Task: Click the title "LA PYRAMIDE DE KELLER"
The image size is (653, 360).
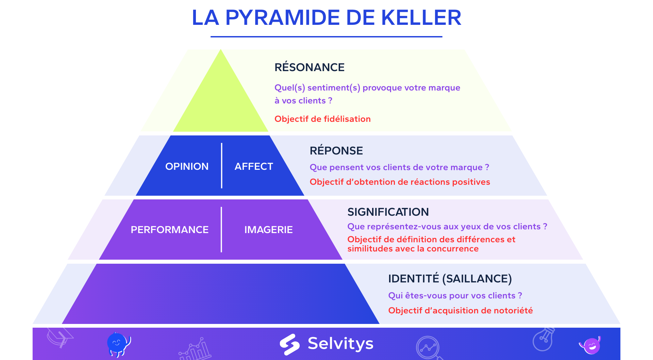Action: tap(326, 17)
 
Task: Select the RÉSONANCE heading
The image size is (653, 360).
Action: tap(309, 67)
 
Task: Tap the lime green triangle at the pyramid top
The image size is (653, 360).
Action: tap(221, 99)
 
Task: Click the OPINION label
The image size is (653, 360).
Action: tap(187, 166)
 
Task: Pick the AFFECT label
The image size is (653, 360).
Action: tap(254, 166)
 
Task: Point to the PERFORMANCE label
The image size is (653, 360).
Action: tap(169, 230)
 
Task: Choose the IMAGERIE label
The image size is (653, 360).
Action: tap(268, 230)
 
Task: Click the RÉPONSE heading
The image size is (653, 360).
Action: tap(336, 150)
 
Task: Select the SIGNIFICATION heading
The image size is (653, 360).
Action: tap(388, 212)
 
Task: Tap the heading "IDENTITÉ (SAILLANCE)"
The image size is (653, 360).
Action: tap(450, 279)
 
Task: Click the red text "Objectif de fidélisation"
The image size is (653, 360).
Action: tap(322, 119)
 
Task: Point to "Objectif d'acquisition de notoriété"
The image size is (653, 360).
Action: tap(461, 311)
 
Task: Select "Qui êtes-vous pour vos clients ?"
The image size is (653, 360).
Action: tap(455, 296)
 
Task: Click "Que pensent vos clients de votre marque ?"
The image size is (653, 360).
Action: tap(399, 167)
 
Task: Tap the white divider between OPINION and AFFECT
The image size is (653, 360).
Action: tap(222, 166)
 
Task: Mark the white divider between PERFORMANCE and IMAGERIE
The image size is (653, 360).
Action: tap(221, 230)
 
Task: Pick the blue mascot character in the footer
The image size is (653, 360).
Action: tap(118, 344)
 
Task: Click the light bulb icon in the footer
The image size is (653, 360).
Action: tap(543, 339)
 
